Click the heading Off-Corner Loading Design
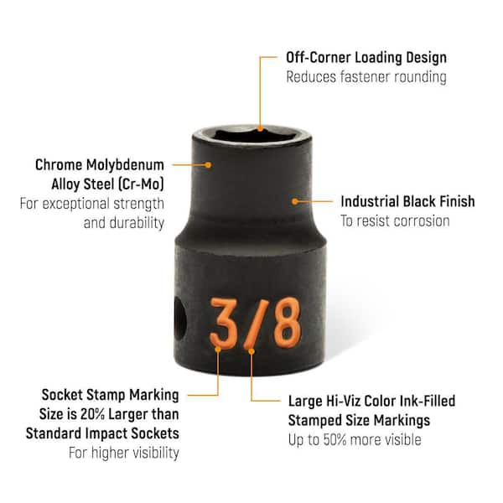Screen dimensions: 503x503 (366, 58)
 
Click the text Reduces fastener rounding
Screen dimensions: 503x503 (366, 77)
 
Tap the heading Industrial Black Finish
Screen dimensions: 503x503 (407, 201)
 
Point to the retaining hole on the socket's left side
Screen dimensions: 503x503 (179, 319)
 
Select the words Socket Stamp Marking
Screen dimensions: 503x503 (110, 394)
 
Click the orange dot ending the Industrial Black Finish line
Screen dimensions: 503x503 (295, 201)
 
